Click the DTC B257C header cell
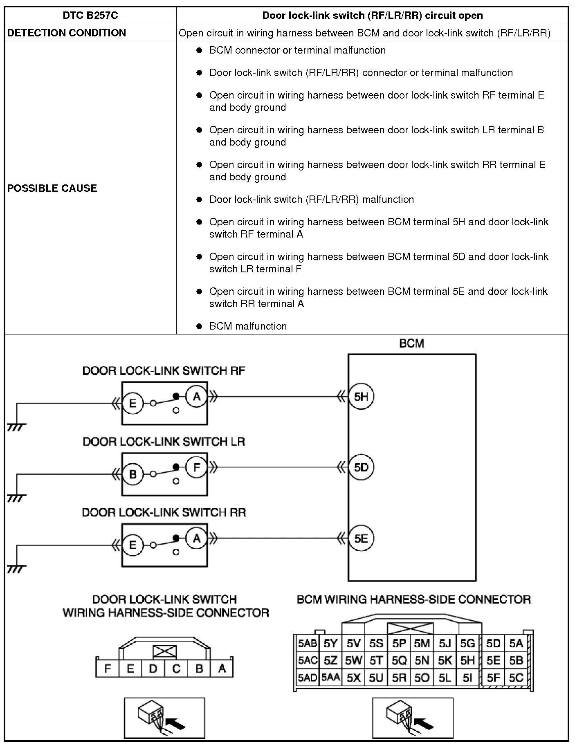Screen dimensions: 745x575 (x=90, y=16)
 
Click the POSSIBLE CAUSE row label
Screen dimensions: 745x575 (x=52, y=188)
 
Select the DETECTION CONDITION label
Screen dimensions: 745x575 (x=67, y=33)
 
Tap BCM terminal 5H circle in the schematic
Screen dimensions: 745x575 (x=361, y=396)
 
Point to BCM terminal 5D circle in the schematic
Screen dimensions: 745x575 (x=361, y=467)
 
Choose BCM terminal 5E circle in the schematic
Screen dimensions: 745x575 (x=361, y=538)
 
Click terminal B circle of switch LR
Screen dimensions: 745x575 (x=133, y=474)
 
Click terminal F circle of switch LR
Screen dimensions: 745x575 (x=197, y=467)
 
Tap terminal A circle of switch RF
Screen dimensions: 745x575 (x=197, y=396)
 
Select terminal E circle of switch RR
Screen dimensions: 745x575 (x=133, y=545)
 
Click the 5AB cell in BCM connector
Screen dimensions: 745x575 (x=307, y=644)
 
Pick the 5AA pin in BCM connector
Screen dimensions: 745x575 (x=330, y=678)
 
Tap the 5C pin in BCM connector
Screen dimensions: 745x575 (x=516, y=678)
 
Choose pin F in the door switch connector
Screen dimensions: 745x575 (x=108, y=669)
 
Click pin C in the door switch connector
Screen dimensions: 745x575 (x=176, y=669)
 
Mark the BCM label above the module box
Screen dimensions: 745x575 (x=411, y=343)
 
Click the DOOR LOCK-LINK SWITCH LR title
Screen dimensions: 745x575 (x=164, y=442)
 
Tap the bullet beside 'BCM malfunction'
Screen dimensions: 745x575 (x=199, y=326)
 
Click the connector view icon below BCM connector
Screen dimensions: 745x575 (x=413, y=718)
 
